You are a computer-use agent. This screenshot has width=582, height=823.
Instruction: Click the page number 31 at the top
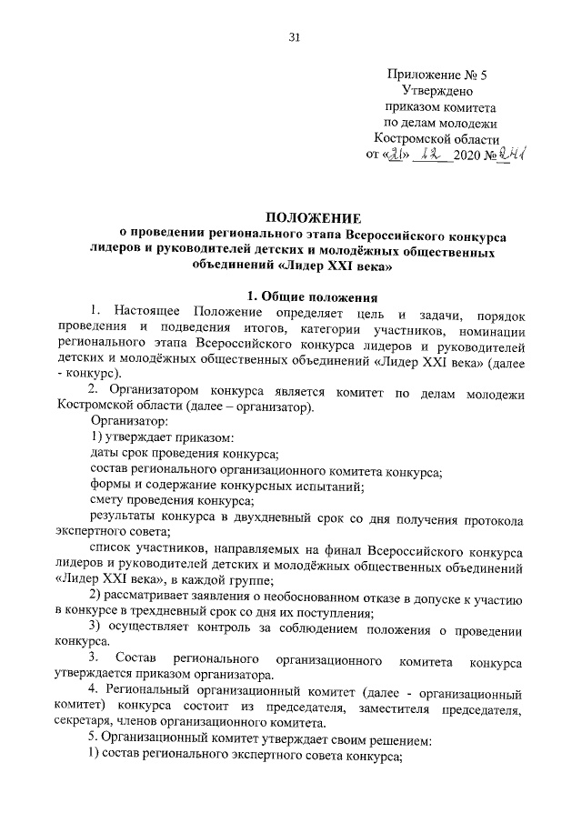point(293,36)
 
